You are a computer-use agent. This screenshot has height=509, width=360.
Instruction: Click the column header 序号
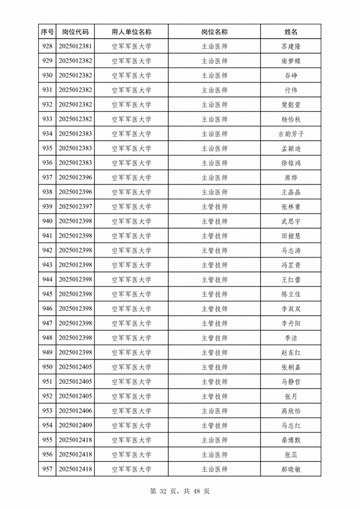[47, 32]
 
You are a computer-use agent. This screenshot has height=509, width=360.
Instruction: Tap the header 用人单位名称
[131, 32]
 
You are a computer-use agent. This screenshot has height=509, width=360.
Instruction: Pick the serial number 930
[47, 75]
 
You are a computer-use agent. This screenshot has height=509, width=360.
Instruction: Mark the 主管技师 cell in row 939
[214, 207]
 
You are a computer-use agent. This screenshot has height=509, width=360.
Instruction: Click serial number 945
[47, 294]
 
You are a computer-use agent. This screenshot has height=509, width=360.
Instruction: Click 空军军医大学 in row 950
[131, 367]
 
